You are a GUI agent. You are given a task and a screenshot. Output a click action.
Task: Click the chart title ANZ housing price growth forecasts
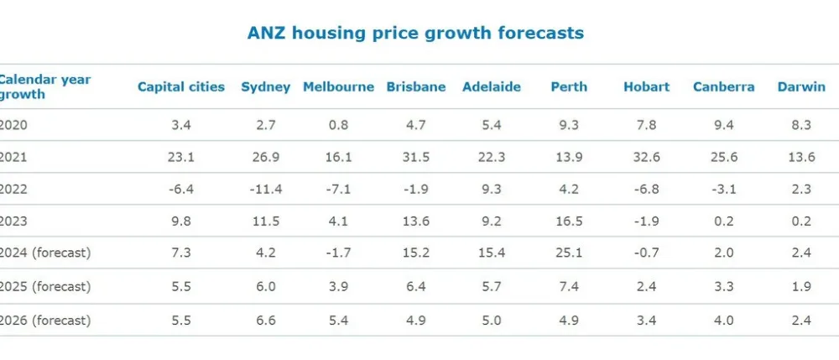click(415, 34)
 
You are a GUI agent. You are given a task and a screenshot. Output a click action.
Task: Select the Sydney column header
click(265, 86)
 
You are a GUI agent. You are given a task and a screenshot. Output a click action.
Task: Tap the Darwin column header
click(800, 86)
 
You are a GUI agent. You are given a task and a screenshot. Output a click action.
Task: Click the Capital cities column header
click(181, 86)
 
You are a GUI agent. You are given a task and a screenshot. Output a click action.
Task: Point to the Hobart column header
click(646, 86)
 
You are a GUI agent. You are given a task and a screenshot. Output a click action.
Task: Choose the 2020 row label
click(14, 125)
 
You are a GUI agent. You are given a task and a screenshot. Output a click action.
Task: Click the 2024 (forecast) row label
click(44, 253)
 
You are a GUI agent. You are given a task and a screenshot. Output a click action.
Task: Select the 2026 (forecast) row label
click(44, 320)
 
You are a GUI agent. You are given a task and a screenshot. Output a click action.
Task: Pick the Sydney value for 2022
click(265, 189)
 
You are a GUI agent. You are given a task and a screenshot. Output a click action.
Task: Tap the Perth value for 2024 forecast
click(569, 253)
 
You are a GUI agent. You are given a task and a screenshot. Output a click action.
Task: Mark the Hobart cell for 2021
click(646, 157)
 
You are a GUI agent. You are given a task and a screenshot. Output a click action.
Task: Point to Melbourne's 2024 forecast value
click(338, 253)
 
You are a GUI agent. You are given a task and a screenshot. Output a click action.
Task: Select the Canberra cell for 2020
click(723, 125)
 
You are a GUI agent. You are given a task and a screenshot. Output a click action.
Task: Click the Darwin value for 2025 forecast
click(800, 286)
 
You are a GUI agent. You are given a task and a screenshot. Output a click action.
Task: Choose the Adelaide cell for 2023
click(492, 221)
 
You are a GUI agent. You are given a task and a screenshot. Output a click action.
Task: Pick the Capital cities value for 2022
click(181, 189)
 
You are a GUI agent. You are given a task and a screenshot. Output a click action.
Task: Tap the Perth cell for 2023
click(569, 221)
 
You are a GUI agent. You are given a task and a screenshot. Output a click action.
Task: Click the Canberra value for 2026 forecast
click(723, 320)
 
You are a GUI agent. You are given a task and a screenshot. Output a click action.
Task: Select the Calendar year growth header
click(44, 86)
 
